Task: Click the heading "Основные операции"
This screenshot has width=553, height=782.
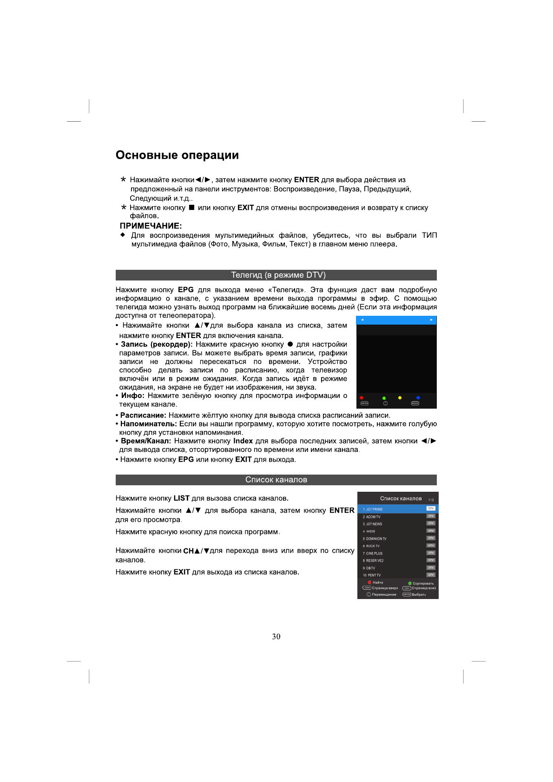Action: [x=177, y=155]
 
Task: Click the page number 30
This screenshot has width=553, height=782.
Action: [x=276, y=637]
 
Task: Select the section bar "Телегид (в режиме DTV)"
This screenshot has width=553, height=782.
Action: [x=276, y=275]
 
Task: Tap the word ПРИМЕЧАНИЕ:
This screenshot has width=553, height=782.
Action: [x=151, y=226]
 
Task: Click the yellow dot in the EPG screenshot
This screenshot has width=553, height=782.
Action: [x=400, y=398]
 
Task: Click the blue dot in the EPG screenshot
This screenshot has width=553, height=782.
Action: [x=418, y=398]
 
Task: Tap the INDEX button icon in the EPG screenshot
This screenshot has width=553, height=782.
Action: [x=415, y=404]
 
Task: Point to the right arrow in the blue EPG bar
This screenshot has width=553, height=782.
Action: [x=431, y=320]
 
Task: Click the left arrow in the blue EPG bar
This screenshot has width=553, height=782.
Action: [x=362, y=320]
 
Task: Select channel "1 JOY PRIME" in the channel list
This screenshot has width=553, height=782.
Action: [x=373, y=509]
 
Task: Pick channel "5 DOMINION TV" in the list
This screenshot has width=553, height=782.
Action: [x=375, y=539]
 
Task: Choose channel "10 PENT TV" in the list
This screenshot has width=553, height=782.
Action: [x=372, y=575]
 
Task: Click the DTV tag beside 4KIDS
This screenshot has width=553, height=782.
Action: [x=431, y=531]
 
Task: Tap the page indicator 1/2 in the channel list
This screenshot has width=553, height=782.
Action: [x=431, y=500]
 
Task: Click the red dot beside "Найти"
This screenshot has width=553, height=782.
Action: [x=370, y=582]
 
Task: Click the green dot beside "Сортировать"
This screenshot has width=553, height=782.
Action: [x=410, y=583]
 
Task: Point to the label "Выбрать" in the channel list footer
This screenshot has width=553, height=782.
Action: [x=419, y=594]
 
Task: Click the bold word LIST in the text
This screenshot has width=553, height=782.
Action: [x=181, y=498]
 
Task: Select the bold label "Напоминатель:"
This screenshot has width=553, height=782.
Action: [x=149, y=424]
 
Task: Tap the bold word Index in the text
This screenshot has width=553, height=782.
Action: [x=243, y=441]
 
